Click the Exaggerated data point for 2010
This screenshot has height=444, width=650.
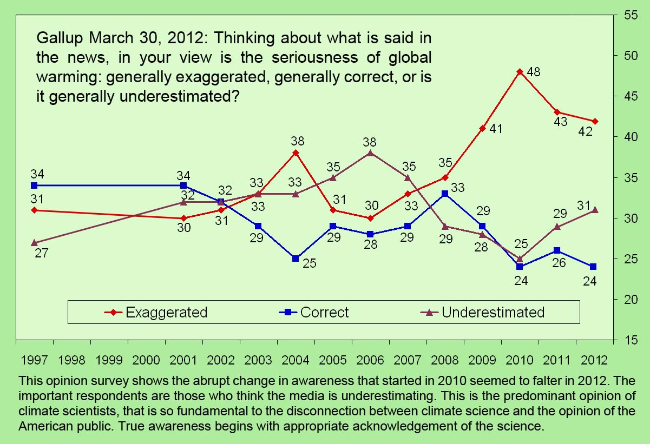[520, 72]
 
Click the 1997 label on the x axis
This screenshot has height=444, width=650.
[34, 360]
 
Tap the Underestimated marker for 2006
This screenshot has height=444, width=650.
[370, 153]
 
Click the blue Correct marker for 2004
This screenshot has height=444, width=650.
[296, 259]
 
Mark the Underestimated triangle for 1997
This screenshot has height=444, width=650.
[34, 242]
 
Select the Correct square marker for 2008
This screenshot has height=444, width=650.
[445, 194]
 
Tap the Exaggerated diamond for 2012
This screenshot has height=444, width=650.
[594, 121]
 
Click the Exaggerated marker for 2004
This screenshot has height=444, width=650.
[296, 153]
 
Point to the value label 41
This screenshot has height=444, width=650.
[496, 129]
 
